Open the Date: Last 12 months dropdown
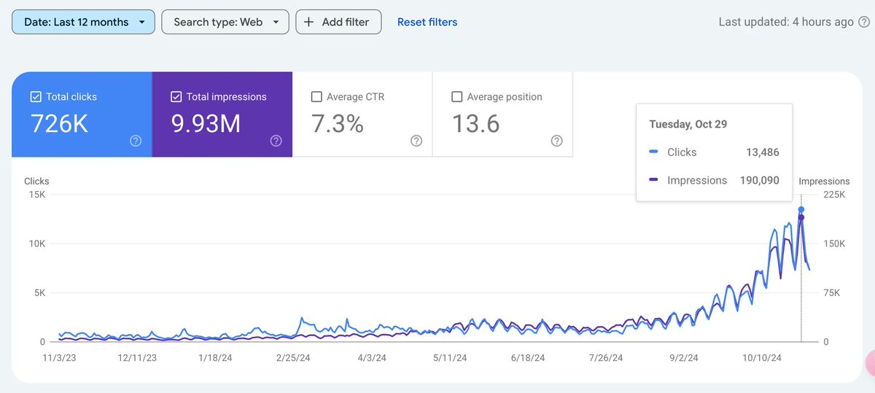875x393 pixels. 83,22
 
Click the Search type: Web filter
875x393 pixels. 225,22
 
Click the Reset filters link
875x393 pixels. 427,22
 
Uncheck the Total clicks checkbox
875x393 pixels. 36,97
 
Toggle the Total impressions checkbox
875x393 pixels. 176,97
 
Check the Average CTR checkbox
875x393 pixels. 316,97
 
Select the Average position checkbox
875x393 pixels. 457,97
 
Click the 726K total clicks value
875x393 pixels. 59,125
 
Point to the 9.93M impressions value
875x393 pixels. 206,125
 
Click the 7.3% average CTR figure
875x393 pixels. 337,125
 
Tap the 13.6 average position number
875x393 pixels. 475,125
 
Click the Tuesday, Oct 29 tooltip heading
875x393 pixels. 689,124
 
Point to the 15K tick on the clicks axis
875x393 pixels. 36,195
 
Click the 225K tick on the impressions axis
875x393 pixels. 834,195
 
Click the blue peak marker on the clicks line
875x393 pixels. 801,209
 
